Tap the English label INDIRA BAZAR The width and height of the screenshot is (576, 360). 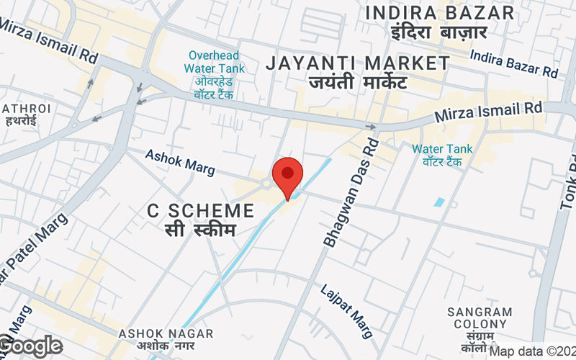439,12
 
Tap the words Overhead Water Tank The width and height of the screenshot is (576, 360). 214,62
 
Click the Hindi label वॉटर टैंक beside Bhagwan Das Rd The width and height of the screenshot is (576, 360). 442,162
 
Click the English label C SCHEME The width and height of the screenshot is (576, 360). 201,211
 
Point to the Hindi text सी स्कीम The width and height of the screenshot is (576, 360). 201,232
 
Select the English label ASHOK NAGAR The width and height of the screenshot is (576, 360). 166,333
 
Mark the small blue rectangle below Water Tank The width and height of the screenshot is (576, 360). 439,202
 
